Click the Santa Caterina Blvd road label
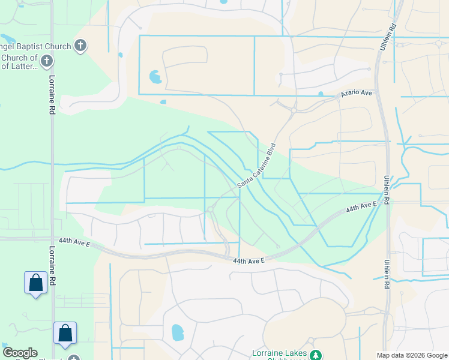tap(256, 165)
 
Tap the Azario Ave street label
tap(357, 94)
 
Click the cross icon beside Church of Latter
tap(47, 61)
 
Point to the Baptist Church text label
tap(36, 46)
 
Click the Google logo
tap(20, 353)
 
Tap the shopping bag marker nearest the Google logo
tap(65, 334)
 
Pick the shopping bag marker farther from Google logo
tap(35, 283)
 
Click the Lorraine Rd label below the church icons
tap(52, 94)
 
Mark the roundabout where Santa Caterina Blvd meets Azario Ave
tap(293, 109)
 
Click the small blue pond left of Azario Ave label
tap(321, 94)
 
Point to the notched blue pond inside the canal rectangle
tap(155, 77)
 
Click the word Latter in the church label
tap(25, 66)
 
